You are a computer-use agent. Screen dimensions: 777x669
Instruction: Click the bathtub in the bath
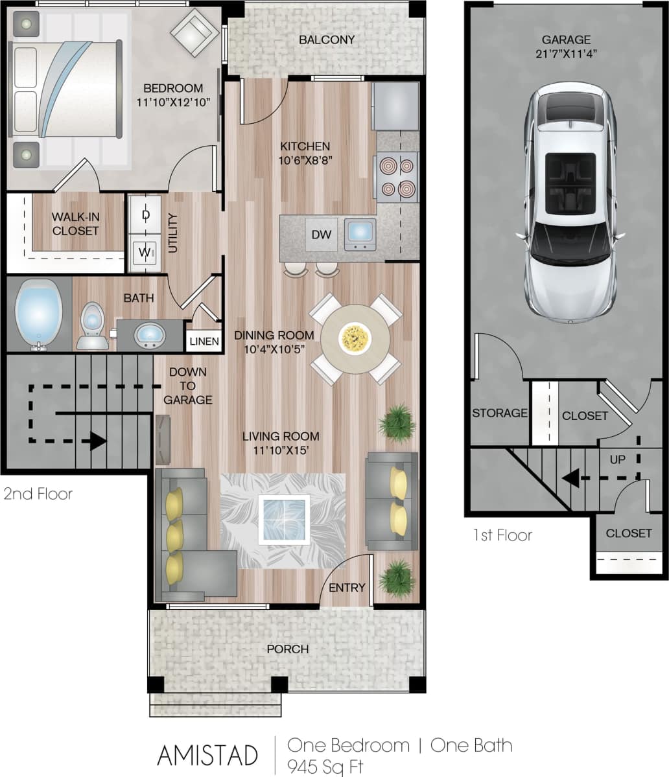coord(38,314)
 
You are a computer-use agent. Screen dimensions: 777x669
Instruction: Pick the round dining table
coord(355,338)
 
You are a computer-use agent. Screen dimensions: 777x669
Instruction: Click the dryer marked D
coord(146,213)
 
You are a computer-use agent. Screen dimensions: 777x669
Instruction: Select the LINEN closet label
coord(204,342)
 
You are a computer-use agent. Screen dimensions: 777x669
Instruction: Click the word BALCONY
coord(327,40)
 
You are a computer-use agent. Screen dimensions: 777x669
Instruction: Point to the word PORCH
coord(287,649)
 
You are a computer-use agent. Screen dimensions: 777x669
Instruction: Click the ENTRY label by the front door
coord(347,587)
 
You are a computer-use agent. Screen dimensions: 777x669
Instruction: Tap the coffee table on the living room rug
coord(284,519)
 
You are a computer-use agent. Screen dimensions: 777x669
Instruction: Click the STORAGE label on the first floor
coord(499,413)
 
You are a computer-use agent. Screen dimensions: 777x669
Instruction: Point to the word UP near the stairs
coord(618,459)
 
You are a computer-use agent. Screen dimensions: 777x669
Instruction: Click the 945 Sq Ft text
coord(325,766)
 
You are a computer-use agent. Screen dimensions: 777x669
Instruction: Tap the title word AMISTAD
coord(207,756)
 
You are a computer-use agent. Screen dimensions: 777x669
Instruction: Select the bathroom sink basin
coord(149,336)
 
